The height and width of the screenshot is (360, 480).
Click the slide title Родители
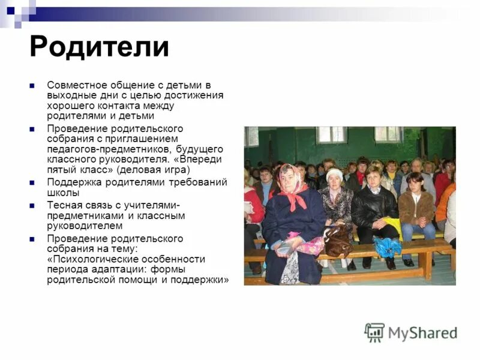point(99,47)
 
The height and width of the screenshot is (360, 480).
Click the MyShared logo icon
point(374,332)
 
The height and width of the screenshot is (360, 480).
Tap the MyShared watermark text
point(422,333)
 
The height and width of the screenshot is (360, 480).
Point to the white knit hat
point(335,175)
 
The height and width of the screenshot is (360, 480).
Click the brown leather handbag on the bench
point(338,241)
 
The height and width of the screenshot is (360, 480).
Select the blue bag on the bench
point(387,246)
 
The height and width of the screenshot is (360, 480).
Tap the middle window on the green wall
point(332,134)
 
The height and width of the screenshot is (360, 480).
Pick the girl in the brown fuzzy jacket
point(416,207)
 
